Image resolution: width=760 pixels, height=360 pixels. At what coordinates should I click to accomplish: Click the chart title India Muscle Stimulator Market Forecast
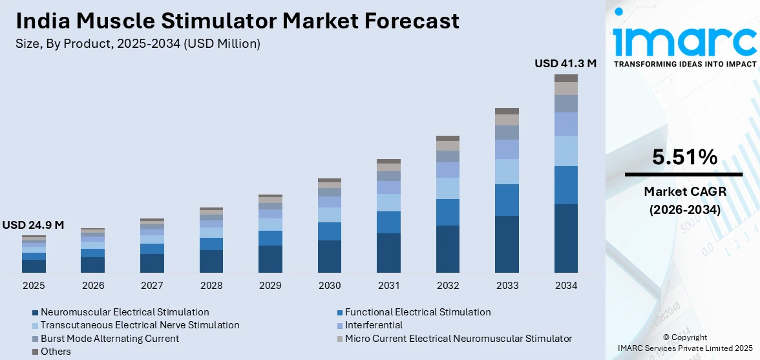point(237,21)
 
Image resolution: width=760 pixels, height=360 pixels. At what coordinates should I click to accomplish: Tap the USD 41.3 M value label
point(565,63)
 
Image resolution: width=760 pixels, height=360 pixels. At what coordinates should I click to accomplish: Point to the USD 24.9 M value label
point(33,225)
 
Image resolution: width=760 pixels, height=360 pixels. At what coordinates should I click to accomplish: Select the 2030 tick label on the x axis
point(330,285)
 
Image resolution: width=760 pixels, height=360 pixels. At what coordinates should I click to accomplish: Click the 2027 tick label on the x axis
point(152,285)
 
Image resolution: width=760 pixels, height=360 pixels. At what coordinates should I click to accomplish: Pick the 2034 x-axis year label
point(566,285)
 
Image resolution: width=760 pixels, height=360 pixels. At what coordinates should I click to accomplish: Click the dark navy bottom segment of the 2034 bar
point(566,238)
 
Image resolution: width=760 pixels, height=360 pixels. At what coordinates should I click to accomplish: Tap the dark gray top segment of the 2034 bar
point(566,78)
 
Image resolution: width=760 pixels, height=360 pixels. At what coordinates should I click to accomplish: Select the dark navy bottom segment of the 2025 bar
point(34,266)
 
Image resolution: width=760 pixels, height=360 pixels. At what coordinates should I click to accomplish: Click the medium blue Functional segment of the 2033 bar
point(507,200)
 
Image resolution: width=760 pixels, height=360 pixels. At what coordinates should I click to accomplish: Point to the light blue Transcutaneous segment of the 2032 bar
point(448,188)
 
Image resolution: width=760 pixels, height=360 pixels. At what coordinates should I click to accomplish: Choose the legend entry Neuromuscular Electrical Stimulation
point(125,312)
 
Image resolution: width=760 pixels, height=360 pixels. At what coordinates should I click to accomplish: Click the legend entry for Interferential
point(374,325)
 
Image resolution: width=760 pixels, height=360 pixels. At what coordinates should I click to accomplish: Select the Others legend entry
point(56,352)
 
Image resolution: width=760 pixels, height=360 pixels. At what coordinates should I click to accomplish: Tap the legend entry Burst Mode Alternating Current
point(110,339)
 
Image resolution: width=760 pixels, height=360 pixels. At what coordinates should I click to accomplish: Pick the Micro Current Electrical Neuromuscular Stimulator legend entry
point(458,339)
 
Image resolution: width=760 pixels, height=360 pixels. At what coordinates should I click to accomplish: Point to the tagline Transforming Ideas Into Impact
point(684,64)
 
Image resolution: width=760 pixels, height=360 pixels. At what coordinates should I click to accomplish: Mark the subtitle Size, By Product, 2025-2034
point(138,43)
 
